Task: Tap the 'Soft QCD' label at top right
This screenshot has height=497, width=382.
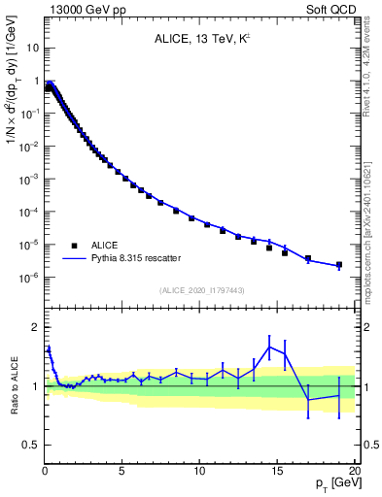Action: (331, 9)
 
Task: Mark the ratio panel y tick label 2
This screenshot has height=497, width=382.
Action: (34, 327)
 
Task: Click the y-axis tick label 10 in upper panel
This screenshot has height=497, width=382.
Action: (31, 48)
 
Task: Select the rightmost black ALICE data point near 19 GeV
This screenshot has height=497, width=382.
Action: (339, 264)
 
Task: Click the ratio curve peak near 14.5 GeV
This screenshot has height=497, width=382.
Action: (269, 347)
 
